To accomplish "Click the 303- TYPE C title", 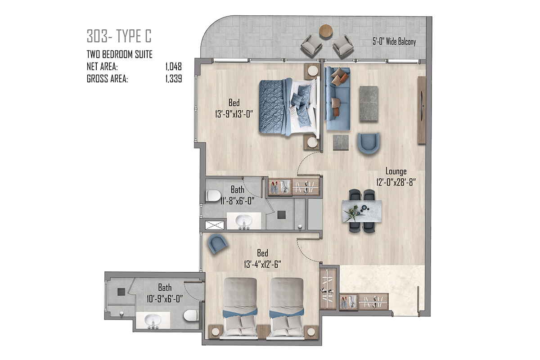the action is (x=119, y=36).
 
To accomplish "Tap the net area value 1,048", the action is (x=174, y=67).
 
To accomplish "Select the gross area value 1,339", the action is (x=174, y=79).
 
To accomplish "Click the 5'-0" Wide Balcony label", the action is (x=394, y=42).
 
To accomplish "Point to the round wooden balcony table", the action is (x=326, y=31).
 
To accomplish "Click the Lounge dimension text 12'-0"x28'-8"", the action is (x=396, y=182).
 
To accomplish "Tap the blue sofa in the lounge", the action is (x=337, y=99).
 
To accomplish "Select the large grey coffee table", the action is (x=369, y=103).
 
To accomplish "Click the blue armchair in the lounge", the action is (x=369, y=143).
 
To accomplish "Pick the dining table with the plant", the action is (x=362, y=211).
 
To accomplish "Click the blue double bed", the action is (x=289, y=107).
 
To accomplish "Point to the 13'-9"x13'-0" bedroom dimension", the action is (x=234, y=114).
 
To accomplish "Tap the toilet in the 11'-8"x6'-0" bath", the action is (x=214, y=196).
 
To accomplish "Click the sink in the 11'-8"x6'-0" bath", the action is (x=244, y=220).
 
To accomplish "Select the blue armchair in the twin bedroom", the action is (x=218, y=243).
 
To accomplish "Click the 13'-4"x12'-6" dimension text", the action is (x=262, y=265).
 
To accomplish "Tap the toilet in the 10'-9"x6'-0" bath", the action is (x=191, y=315).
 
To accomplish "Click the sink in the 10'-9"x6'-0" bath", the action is (x=153, y=320).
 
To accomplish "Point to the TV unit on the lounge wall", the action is (x=422, y=110).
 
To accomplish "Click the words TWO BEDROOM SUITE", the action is (x=120, y=54).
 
